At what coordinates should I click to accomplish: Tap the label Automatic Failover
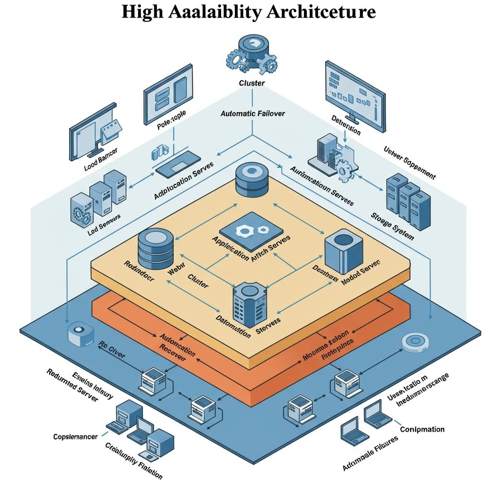(253, 114)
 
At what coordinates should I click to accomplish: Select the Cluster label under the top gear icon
(252, 83)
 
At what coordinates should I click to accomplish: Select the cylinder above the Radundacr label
(156, 248)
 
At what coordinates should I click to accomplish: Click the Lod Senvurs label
(105, 225)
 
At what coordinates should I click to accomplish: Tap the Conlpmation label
(422, 430)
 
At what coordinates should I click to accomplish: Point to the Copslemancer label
(76, 437)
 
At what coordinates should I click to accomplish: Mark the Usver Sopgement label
(409, 169)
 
